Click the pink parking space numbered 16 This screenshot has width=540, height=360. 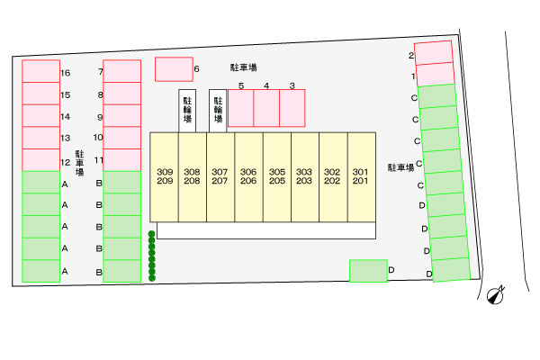tap(40, 71)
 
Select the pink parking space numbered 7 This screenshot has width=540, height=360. tap(122, 71)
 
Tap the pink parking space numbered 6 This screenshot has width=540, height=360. tap(174, 69)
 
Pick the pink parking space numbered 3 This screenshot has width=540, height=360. tap(292, 108)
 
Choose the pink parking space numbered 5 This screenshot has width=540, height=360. tap(240, 108)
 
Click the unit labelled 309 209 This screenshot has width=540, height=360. tap(164, 176)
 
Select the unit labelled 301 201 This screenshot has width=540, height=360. tap(361, 176)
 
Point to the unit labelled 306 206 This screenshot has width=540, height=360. tap(248, 176)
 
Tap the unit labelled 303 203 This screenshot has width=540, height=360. tap(305, 176)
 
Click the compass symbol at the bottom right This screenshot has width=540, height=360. tap(494, 295)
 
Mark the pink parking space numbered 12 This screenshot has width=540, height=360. tap(40, 159)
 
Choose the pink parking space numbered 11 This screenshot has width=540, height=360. tap(122, 159)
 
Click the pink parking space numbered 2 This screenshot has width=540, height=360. tap(433, 53)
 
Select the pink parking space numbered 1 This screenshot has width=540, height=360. tap(435, 75)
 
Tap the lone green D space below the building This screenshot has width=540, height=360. tap(368, 270)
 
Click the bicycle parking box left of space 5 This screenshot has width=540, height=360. tap(218, 110)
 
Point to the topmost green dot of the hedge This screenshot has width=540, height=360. tap(151, 235)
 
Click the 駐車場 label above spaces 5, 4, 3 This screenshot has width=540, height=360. tap(244, 67)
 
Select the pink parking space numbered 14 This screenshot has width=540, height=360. tap(40, 115)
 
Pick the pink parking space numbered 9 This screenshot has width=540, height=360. tap(122, 115)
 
